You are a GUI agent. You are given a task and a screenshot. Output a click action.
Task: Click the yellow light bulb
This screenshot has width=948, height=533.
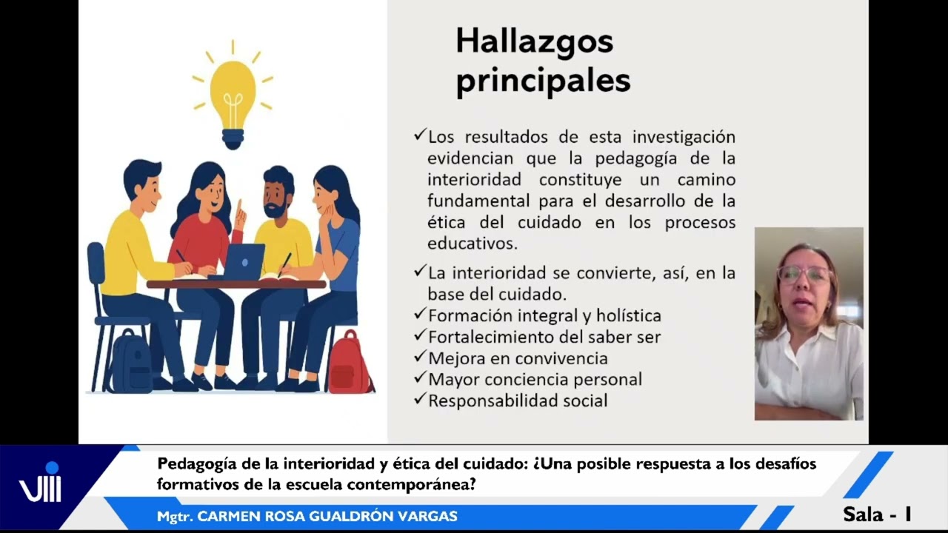(x=233, y=93)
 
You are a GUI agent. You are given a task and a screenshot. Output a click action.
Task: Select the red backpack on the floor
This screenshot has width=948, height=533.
(x=348, y=363)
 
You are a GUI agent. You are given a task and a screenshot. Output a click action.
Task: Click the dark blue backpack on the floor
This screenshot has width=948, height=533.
(x=130, y=362)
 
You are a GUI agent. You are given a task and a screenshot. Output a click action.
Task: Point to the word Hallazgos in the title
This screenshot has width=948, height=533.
(x=534, y=42)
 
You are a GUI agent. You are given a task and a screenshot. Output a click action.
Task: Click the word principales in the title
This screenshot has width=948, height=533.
(x=543, y=81)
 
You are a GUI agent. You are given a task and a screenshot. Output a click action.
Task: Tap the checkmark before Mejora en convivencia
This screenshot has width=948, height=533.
(x=420, y=357)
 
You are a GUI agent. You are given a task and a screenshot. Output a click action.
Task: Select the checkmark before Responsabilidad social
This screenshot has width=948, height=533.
(x=420, y=399)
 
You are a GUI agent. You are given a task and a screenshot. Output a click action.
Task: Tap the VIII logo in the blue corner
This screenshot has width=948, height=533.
(x=41, y=487)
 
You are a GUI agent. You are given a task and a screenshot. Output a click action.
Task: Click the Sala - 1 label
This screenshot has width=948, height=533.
(x=877, y=514)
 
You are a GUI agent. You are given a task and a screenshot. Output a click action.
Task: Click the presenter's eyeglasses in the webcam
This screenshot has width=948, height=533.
(x=804, y=274)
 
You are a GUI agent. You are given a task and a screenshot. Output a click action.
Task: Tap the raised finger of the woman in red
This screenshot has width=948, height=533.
(x=238, y=205)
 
